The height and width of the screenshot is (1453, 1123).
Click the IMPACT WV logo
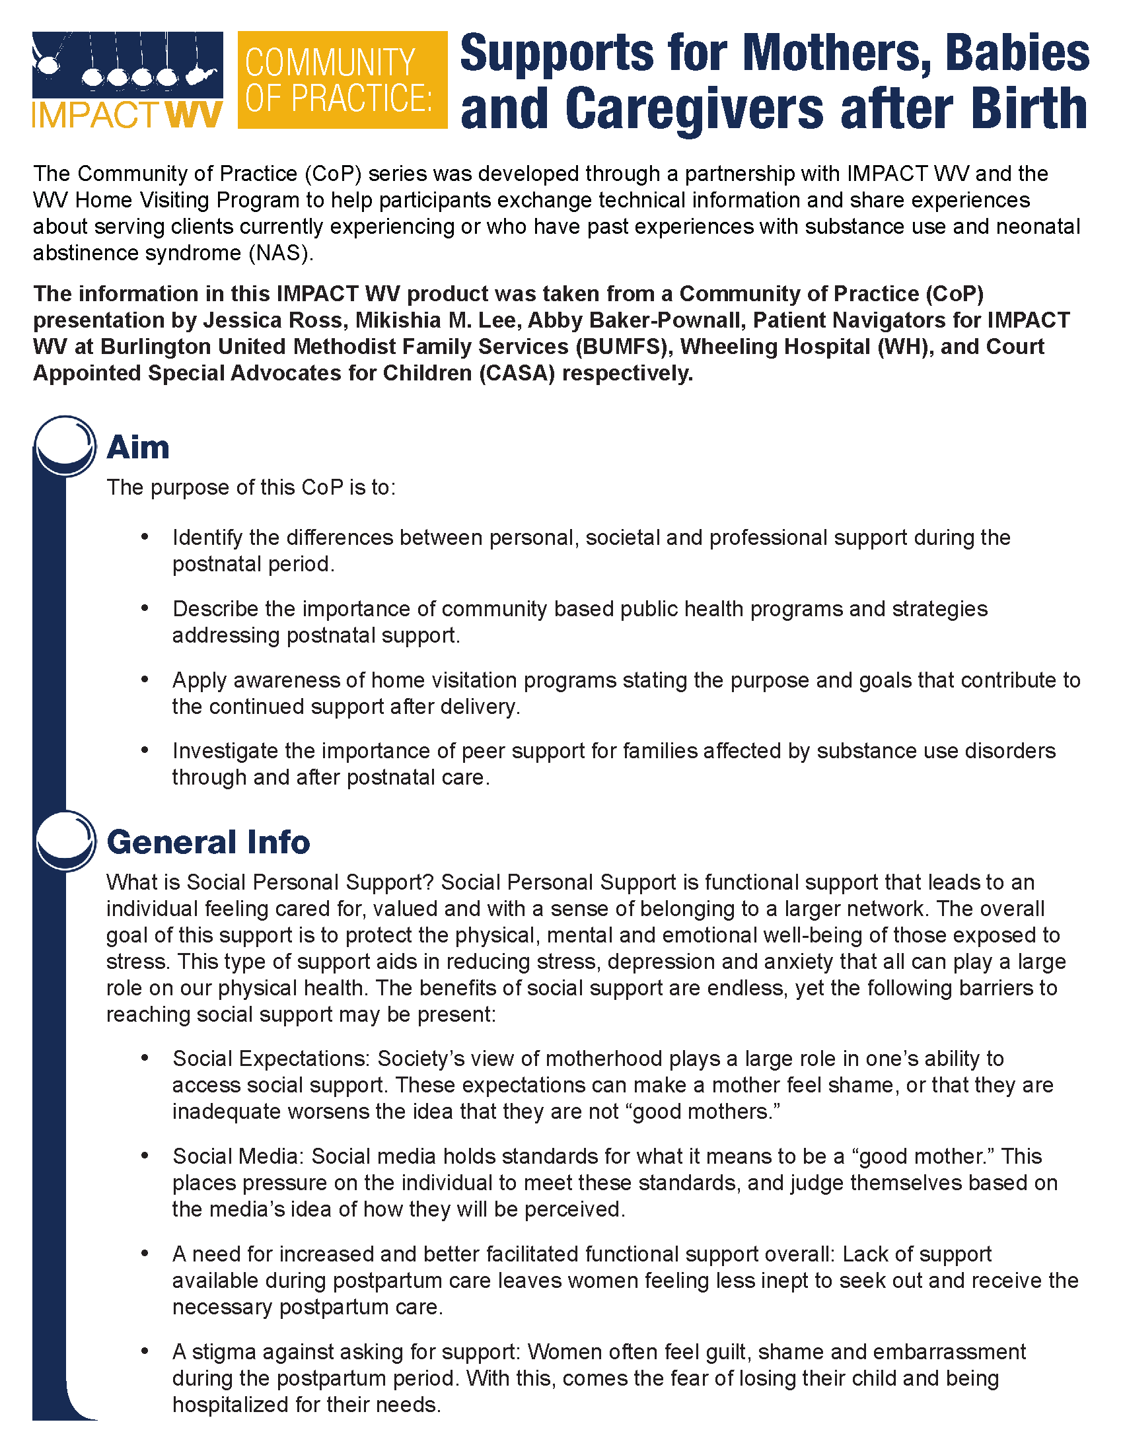127,80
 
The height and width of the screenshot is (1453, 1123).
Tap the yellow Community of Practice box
342,80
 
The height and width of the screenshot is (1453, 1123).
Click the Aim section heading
138,447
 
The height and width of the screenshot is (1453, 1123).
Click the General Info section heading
208,841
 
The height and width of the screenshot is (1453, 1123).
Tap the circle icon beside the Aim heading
65,444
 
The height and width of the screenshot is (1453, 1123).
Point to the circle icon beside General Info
65,839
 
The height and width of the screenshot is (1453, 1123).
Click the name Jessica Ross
273,320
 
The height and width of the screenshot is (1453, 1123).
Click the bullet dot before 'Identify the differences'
145,536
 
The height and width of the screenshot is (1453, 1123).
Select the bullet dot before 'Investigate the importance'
145,750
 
